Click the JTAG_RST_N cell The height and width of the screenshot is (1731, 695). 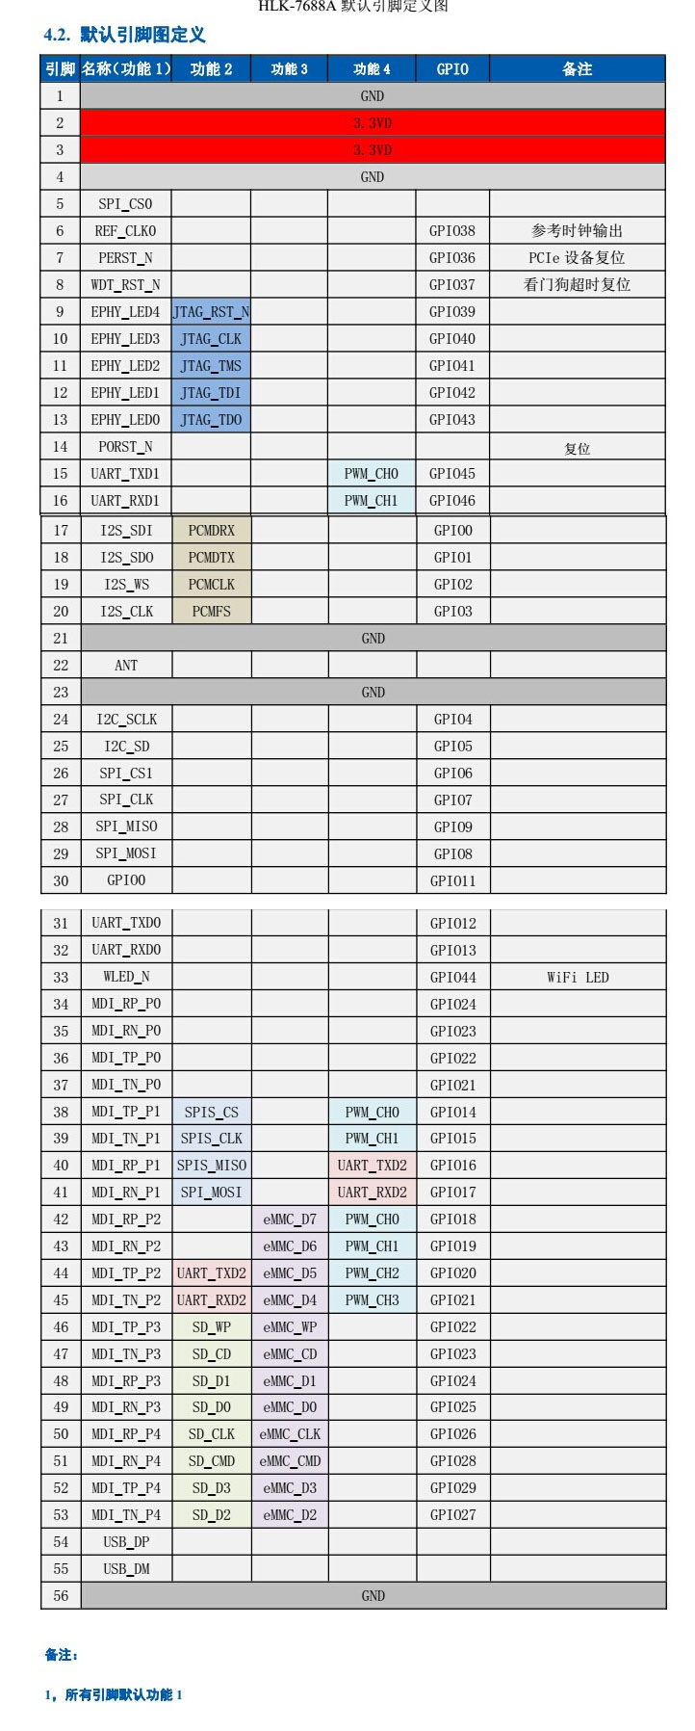tap(212, 312)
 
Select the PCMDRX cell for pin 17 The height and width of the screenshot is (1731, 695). tap(212, 531)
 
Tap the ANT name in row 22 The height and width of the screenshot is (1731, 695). tap(126, 666)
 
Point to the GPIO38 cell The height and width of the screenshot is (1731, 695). tap(452, 231)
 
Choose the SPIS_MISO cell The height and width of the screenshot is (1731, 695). tap(212, 1166)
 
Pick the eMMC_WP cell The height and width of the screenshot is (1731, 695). tap(290, 1327)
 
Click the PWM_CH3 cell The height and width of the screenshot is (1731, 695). tap(372, 1300)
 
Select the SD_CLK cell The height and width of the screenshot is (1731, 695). tap(212, 1434)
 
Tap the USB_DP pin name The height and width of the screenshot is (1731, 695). tap(126, 1542)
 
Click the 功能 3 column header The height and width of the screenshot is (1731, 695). tap(290, 69)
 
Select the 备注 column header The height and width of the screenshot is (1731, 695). tap(578, 69)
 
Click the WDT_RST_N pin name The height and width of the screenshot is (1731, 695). tap(126, 285)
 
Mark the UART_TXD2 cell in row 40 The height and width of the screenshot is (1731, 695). tap(372, 1166)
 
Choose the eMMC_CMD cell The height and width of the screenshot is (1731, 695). tap(290, 1461)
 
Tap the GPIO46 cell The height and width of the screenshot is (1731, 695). tap(452, 501)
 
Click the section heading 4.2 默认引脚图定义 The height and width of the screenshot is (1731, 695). tap(124, 36)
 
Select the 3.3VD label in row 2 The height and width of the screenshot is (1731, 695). tap(373, 123)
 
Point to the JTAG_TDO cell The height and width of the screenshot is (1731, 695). tap(212, 420)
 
